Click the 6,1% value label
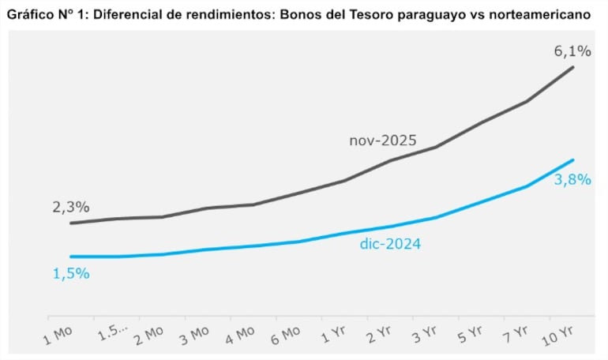tap(572, 51)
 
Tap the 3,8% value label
tap(572, 179)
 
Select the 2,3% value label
tap(71, 208)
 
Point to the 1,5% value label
tap(71, 273)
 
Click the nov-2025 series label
tap(383, 141)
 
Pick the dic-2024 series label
tap(390, 245)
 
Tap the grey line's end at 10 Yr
tap(573, 67)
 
